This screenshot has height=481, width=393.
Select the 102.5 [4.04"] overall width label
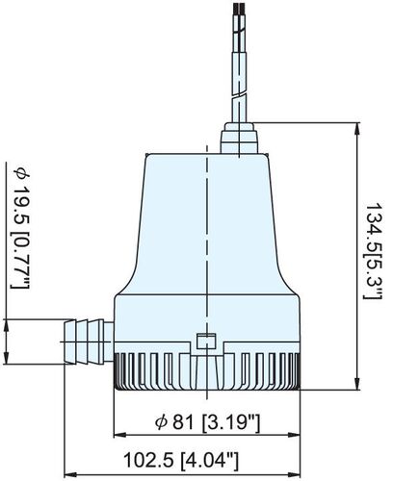tap(204, 460)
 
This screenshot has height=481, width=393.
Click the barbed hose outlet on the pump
tap(86, 339)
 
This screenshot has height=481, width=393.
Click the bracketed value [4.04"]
tap(237, 460)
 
